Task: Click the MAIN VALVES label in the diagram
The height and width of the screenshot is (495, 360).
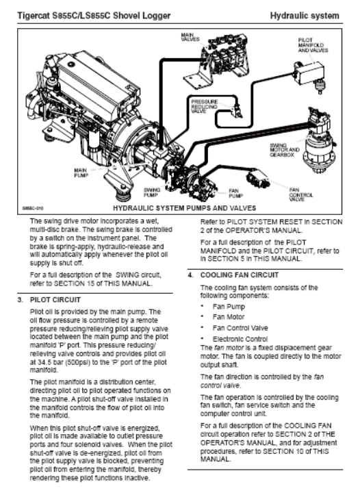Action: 190,37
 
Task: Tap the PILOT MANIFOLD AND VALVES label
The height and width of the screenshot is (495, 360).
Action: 313,45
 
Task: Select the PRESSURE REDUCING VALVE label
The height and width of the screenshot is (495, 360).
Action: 204,106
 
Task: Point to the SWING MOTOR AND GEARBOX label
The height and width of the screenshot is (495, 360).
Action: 284,150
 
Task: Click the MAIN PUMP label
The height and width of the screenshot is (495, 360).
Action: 81,173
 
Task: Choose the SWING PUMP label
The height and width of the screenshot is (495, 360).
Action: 152,192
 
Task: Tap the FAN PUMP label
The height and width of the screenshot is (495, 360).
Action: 235,193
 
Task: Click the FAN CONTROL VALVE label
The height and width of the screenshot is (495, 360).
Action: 301,194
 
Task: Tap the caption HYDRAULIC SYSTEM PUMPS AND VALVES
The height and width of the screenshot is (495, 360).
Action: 184,208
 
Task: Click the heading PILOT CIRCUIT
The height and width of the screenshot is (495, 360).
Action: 55,300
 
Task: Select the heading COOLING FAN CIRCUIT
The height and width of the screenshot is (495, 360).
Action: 239,275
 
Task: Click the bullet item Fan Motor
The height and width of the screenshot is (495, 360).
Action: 229,316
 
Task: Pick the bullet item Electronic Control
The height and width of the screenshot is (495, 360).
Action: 240,339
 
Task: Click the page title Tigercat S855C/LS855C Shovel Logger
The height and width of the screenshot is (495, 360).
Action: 94,16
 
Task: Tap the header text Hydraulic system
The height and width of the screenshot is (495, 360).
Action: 305,16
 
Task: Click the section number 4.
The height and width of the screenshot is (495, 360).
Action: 190,275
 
